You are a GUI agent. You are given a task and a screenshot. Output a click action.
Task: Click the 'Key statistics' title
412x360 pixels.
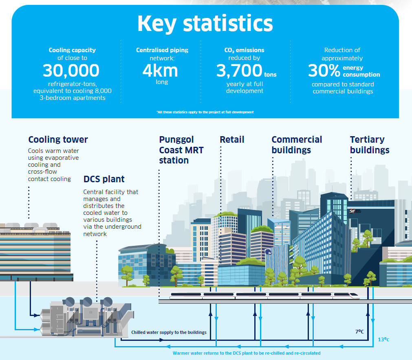coord(205,24)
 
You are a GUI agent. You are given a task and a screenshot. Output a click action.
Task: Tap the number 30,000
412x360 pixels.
coord(71,71)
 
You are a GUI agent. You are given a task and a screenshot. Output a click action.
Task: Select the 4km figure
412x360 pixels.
coord(160,71)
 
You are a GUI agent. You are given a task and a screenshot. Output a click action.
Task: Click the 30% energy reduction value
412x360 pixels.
coord(324,71)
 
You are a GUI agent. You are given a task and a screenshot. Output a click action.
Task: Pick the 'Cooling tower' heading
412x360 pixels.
coord(58,140)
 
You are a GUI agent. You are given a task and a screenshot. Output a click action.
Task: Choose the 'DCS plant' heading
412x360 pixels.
coord(104,179)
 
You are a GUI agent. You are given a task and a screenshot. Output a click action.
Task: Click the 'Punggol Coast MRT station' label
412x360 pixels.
coord(181,150)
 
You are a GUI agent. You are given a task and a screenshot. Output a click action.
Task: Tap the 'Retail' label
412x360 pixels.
coord(232,140)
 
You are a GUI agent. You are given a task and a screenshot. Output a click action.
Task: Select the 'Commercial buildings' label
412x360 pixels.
coord(297,145)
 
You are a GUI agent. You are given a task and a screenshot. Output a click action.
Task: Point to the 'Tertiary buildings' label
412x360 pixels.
coord(369,145)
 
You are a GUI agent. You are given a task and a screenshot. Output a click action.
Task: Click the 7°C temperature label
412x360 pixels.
coord(359,332)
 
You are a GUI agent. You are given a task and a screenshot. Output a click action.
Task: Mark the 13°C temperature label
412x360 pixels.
coord(383,339)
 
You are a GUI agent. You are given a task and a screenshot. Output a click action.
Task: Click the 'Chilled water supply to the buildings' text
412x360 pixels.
coord(169,332)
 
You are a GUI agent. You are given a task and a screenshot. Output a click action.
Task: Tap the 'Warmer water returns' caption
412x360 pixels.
coord(247,353)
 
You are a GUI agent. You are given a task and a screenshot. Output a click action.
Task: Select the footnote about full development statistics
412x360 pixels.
coord(205,112)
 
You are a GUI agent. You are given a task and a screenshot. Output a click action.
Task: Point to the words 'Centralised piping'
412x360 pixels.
coord(162,50)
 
